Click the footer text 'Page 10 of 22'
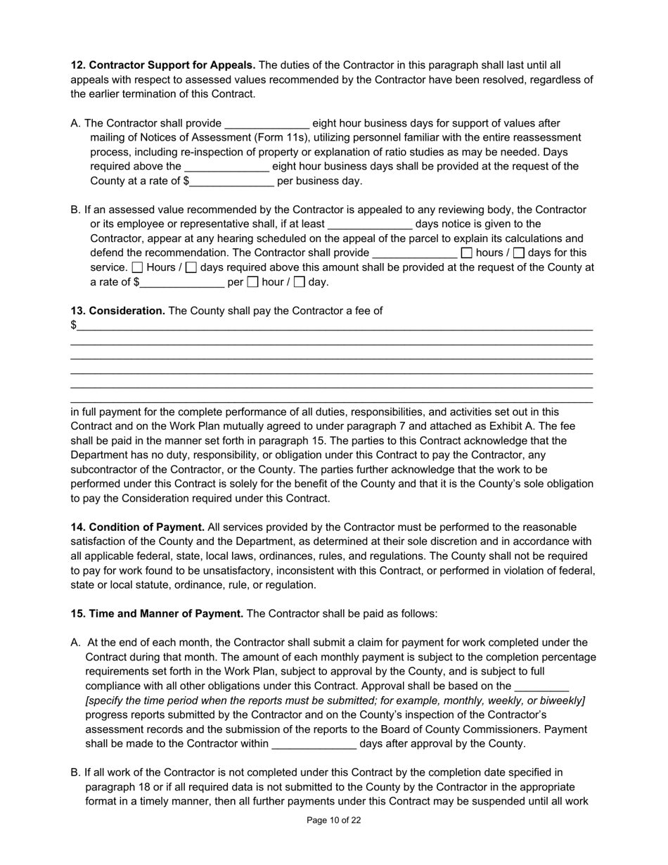[x=334, y=820]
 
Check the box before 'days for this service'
[x=519, y=253]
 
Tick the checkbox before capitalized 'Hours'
[x=138, y=268]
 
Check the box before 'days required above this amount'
[x=191, y=268]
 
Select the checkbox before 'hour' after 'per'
[x=253, y=283]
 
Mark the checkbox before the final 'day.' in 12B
[x=300, y=283]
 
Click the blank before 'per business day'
[x=231, y=182]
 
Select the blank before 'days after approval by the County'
[x=314, y=745]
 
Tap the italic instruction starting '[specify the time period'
[x=335, y=701]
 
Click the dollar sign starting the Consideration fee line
[x=74, y=326]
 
